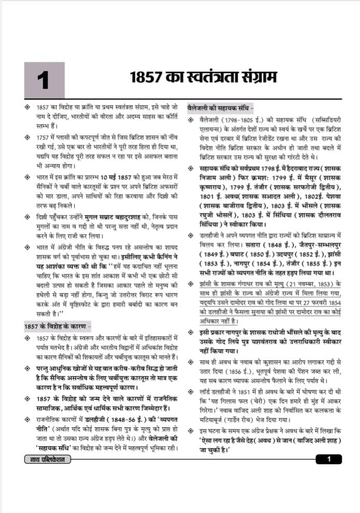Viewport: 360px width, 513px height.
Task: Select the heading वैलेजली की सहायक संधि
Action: [220, 109]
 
